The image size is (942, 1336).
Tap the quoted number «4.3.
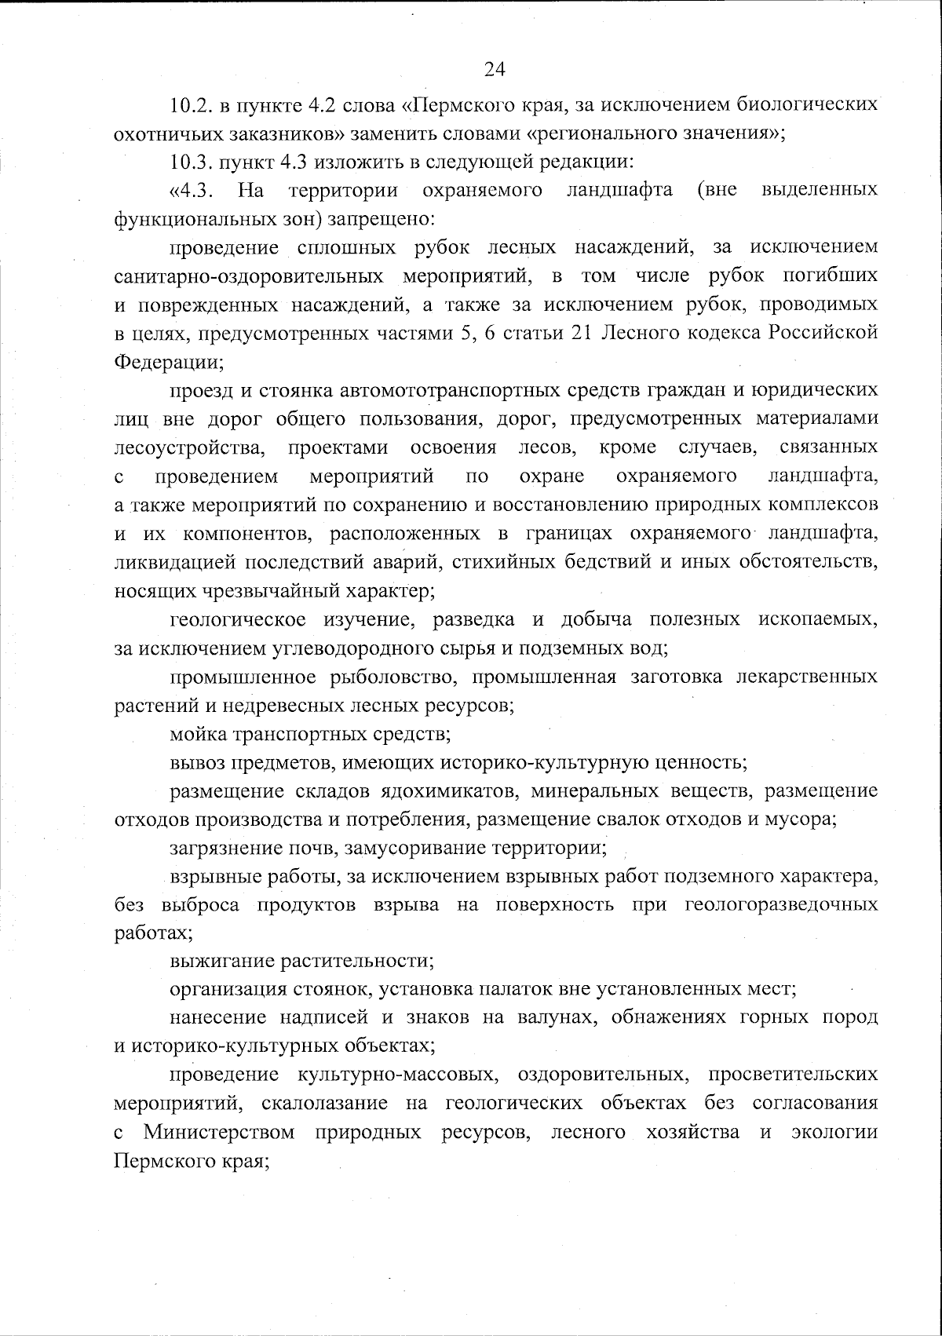coord(188,191)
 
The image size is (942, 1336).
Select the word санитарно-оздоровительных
coord(248,277)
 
